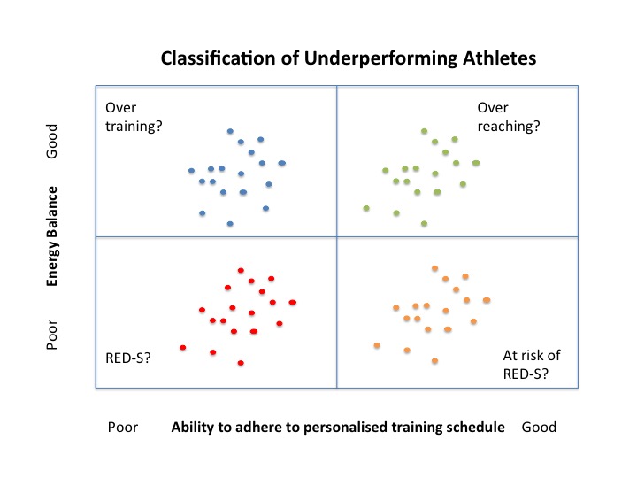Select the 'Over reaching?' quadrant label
click(x=508, y=116)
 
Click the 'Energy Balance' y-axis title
click(x=54, y=235)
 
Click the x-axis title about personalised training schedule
click(x=338, y=427)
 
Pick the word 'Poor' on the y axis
click(x=54, y=330)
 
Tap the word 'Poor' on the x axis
click(x=123, y=427)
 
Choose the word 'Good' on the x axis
click(x=539, y=427)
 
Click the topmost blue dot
click(x=230, y=131)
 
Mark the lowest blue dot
click(x=230, y=224)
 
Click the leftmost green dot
click(x=365, y=209)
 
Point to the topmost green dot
click(x=425, y=131)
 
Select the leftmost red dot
click(x=182, y=348)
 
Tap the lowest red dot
click(x=241, y=363)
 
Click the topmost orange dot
click(x=434, y=268)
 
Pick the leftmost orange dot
click(x=377, y=345)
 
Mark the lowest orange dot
click(x=434, y=360)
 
